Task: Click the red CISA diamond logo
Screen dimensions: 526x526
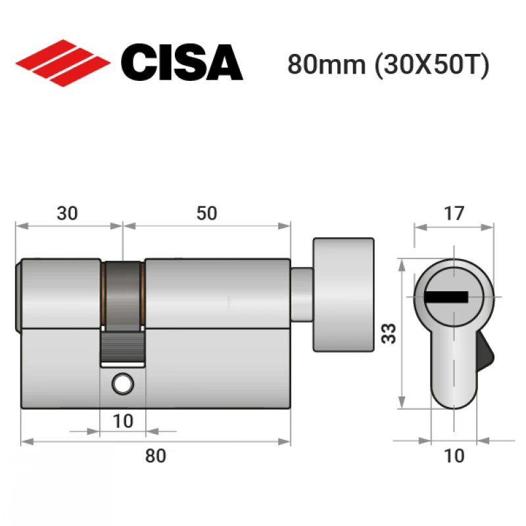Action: (63, 63)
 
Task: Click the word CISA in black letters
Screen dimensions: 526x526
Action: (182, 62)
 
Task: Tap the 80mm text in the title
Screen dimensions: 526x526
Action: (326, 64)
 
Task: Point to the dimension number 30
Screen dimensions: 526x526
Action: (68, 213)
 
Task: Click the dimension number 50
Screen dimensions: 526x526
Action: (206, 213)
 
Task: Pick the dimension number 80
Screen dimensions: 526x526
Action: (155, 456)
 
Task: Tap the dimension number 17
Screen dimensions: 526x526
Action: (454, 213)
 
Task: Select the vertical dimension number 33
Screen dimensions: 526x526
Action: (389, 333)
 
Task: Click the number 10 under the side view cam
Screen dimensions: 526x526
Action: (123, 421)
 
